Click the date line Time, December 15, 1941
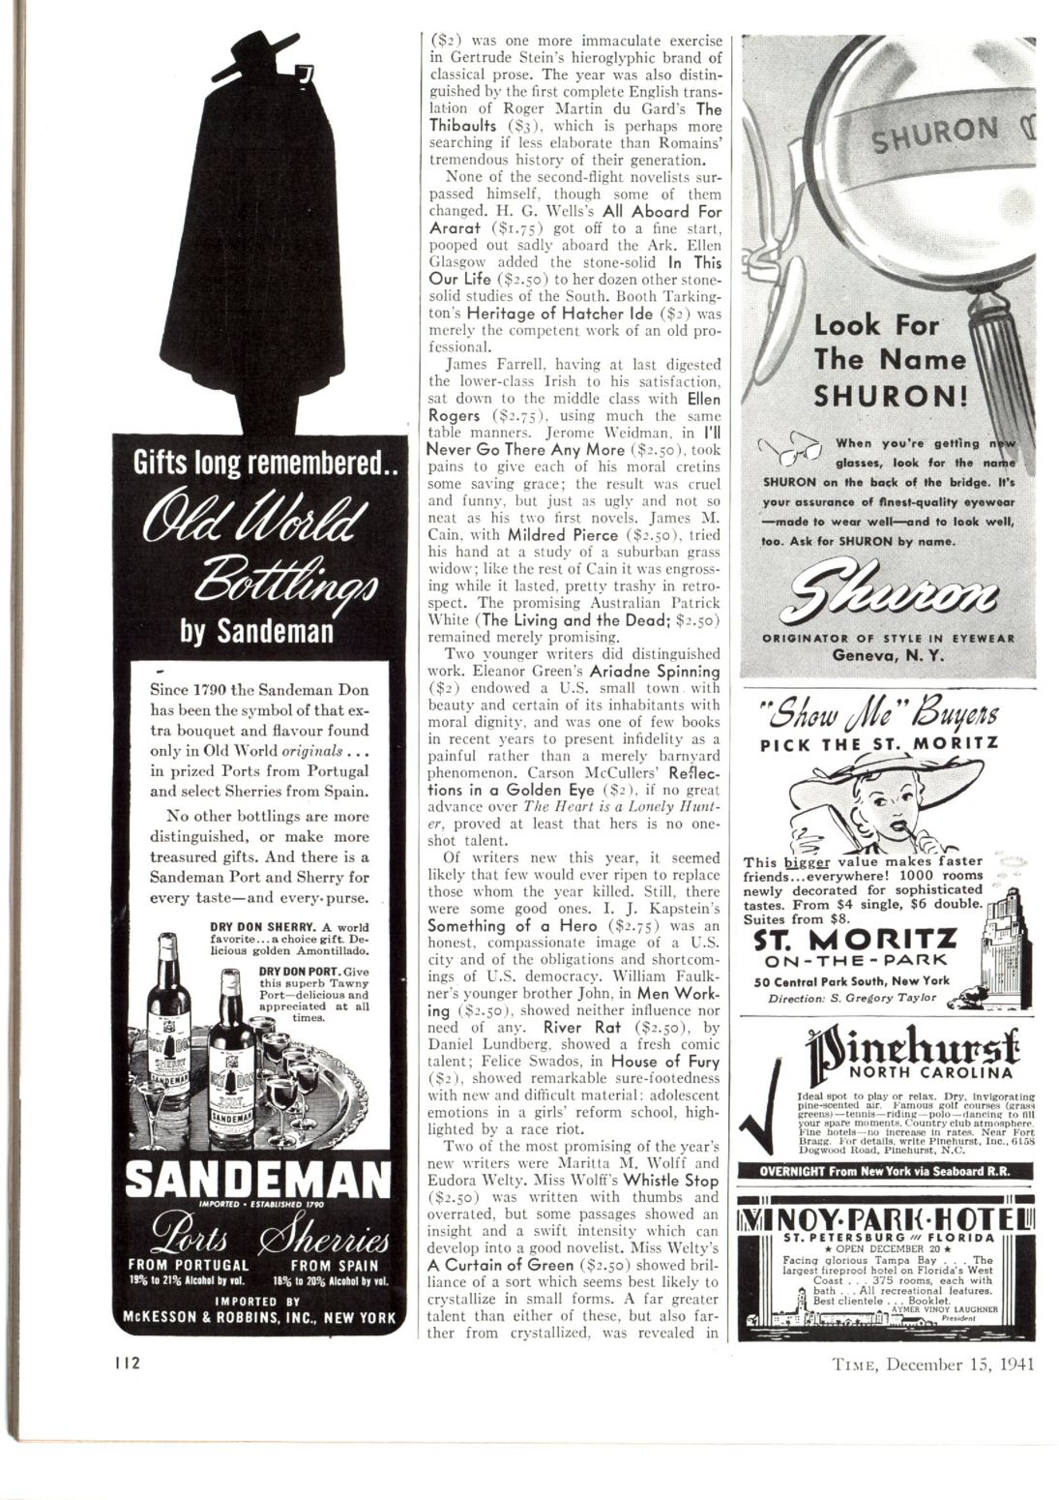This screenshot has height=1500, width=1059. click(933, 1365)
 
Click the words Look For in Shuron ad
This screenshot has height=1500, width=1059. click(875, 324)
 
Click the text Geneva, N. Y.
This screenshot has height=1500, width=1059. click(887, 655)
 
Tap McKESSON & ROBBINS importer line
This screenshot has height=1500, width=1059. click(259, 1317)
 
